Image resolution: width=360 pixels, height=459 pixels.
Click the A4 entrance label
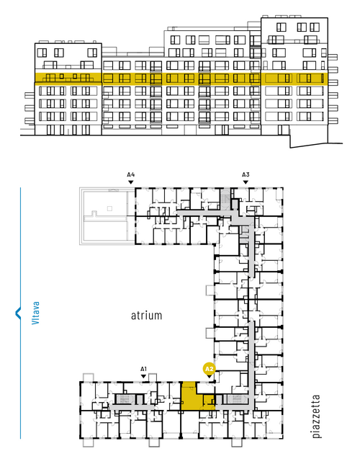(x=131, y=175)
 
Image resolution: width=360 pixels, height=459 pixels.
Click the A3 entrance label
(x=246, y=175)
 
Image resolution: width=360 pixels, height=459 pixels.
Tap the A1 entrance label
(x=143, y=369)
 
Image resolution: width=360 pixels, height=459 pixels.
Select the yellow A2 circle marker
(x=210, y=369)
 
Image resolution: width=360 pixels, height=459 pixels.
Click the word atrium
(x=146, y=316)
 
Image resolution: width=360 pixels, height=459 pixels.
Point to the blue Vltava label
(x=36, y=313)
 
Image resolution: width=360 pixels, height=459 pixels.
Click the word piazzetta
(x=316, y=416)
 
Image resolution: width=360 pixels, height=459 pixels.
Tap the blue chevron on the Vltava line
(x=17, y=313)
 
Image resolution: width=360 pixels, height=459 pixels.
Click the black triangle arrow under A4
(x=131, y=182)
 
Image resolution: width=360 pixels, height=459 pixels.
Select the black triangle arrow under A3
(x=246, y=182)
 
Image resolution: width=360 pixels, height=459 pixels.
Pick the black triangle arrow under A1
(x=143, y=376)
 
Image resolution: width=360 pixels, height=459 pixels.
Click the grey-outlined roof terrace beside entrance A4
(x=107, y=216)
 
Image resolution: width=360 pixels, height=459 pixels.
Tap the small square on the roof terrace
(x=109, y=208)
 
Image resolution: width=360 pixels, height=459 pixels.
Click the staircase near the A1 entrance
(x=125, y=399)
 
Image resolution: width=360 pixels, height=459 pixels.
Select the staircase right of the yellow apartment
(x=235, y=399)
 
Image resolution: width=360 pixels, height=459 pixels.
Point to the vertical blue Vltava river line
(x=20, y=313)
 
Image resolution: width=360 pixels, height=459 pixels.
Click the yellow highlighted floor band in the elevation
(x=181, y=79)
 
